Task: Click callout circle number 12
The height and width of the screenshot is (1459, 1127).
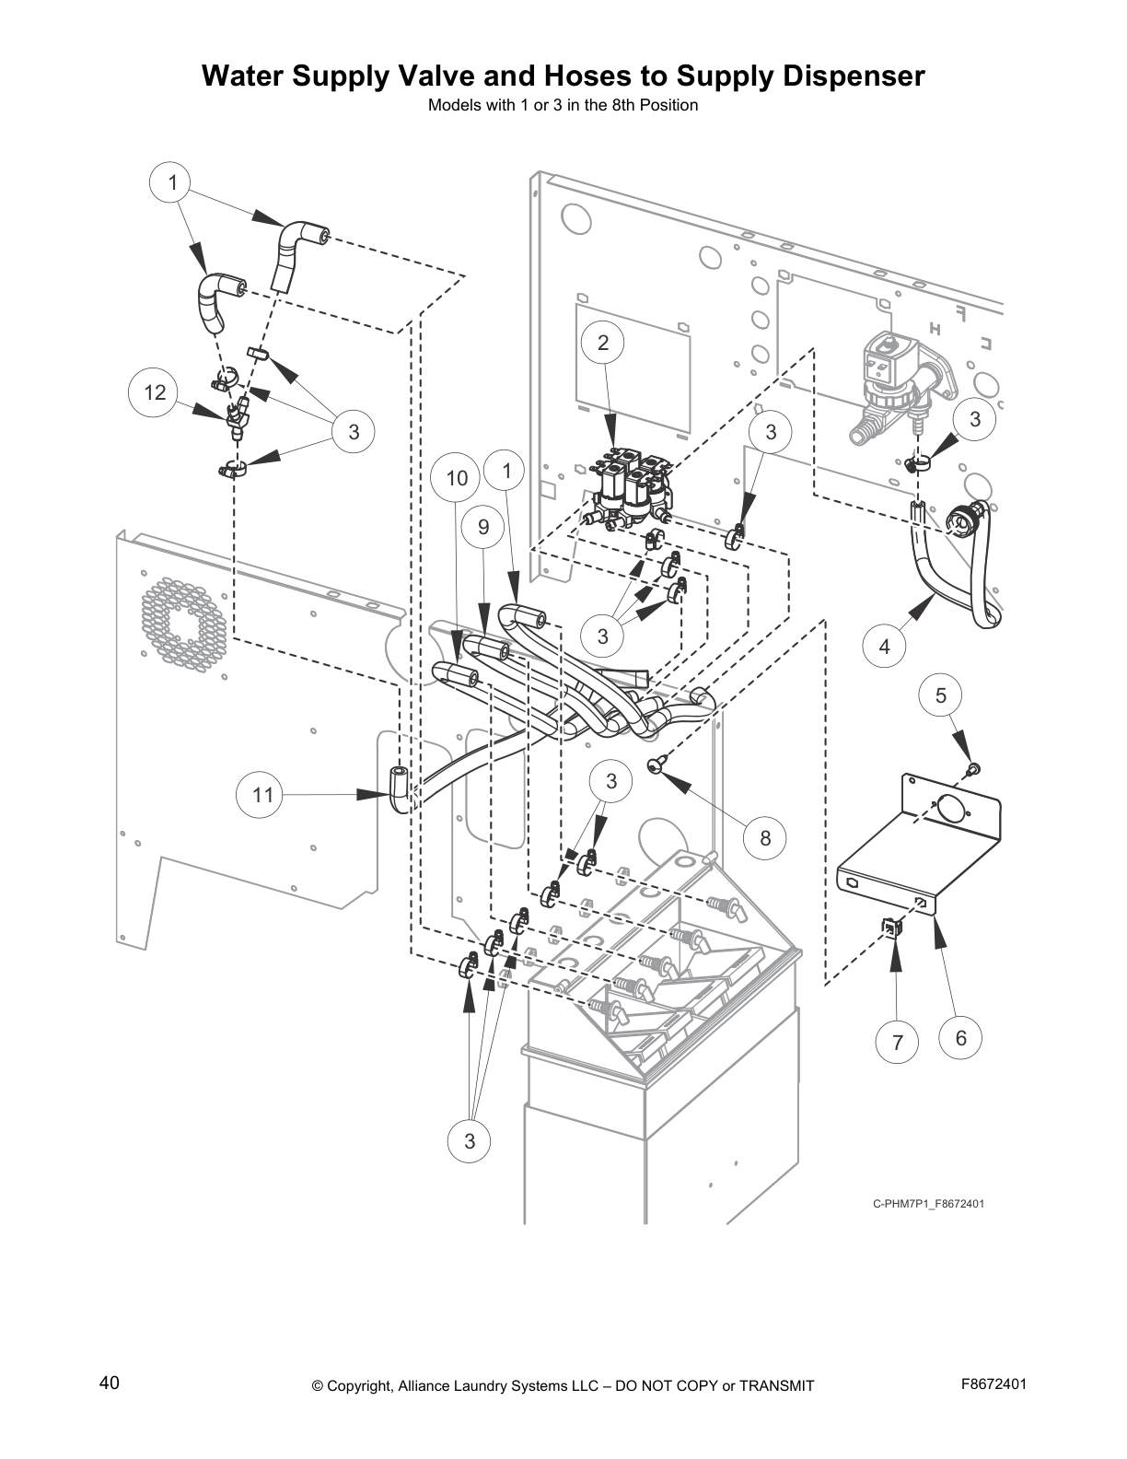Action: click(x=155, y=393)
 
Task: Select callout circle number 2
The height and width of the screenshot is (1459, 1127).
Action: click(x=603, y=344)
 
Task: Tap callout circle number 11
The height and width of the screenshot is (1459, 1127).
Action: click(x=263, y=794)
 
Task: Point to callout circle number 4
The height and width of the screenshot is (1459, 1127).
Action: click(x=885, y=647)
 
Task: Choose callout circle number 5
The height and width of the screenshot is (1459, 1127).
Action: click(x=941, y=695)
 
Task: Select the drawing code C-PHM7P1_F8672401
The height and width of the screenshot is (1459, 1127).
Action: click(x=929, y=1203)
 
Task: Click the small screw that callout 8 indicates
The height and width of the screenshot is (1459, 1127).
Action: click(x=656, y=764)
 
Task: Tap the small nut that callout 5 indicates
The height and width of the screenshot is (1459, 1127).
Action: click(x=972, y=768)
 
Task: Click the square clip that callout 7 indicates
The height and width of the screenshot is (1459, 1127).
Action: click(x=890, y=928)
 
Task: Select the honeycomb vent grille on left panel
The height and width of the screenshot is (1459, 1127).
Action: click(x=182, y=622)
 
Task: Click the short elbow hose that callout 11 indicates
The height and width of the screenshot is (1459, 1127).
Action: click(x=400, y=788)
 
